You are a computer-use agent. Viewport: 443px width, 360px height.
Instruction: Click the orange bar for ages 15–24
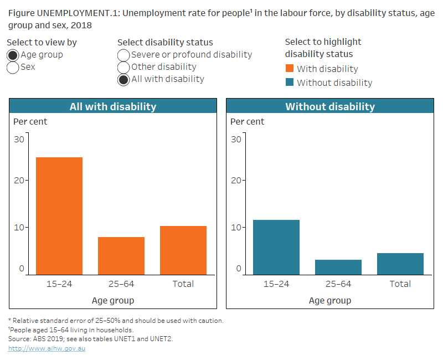tap(59, 216)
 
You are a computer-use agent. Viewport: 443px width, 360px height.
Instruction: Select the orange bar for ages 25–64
tap(121, 255)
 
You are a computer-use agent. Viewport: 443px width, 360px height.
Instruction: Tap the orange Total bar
tap(183, 250)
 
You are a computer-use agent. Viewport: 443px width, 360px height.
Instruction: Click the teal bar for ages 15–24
tap(276, 247)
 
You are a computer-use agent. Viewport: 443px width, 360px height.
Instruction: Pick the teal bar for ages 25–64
tap(338, 267)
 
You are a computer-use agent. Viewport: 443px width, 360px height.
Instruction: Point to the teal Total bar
tap(400, 264)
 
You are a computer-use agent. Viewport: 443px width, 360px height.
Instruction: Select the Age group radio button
tap(13, 55)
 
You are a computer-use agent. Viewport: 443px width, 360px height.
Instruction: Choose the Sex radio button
tap(13, 67)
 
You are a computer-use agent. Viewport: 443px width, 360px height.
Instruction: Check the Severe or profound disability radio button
tap(123, 55)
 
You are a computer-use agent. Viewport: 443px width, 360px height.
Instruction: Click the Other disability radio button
tap(123, 67)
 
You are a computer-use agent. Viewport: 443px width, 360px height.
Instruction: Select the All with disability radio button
tap(123, 79)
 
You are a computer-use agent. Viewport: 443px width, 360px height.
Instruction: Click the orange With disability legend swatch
tap(290, 69)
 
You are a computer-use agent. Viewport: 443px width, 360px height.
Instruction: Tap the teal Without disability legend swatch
tap(290, 83)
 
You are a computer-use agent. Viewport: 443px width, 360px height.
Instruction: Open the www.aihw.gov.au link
tap(47, 348)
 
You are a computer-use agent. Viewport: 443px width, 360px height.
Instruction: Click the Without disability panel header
tap(330, 106)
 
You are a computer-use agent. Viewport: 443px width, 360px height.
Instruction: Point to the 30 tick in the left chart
tap(19, 139)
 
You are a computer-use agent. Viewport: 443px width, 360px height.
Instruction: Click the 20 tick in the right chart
tap(236, 180)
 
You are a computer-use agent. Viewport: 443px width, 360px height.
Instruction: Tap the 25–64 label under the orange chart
tap(121, 284)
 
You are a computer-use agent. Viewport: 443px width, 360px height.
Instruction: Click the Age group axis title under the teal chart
tap(330, 300)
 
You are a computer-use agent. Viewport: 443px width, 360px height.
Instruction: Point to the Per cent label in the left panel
tap(30, 121)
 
